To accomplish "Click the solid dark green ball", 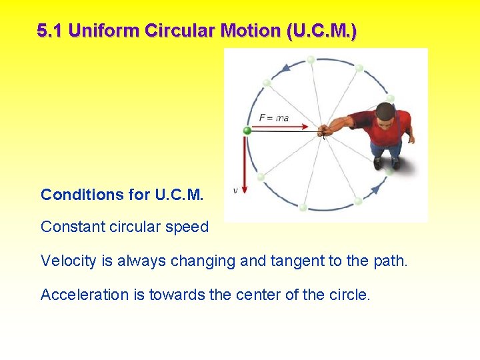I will pos(247,131).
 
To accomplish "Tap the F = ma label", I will pos(274,118).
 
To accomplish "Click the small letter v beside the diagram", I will pos(235,191).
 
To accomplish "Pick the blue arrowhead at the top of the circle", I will pos(286,67).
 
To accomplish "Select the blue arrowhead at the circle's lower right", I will pos(375,189).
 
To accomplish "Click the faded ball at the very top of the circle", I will pos(311,60).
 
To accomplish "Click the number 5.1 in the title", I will pos(50,31).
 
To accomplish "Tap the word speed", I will pos(189,227).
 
